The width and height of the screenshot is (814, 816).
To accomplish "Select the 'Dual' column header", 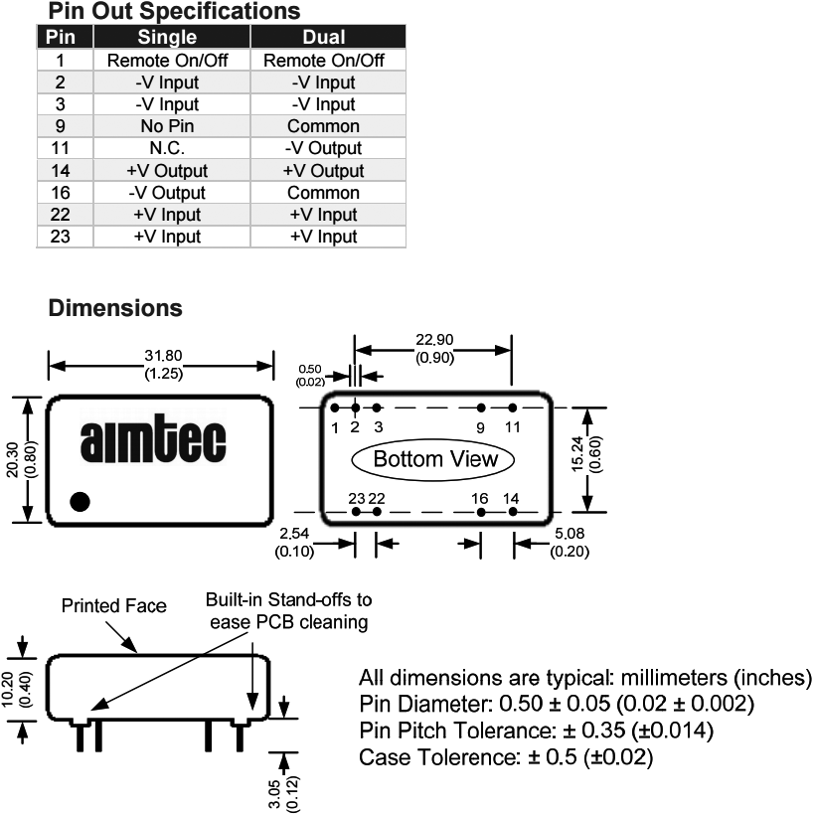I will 323,38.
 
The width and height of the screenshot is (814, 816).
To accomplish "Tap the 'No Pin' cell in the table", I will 167,126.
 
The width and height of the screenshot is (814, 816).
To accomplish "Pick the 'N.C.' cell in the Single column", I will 167,148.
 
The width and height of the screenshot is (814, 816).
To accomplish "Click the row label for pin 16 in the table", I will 60,193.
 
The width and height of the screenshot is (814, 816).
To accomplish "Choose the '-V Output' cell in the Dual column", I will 323,148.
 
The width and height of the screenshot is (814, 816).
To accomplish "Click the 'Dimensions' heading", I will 115,308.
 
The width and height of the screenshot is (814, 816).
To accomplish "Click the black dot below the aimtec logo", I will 81,501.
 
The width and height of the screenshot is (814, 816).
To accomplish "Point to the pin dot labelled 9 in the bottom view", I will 481,408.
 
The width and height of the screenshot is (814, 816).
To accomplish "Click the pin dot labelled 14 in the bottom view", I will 513,512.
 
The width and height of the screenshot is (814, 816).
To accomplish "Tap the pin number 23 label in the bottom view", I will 357,497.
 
